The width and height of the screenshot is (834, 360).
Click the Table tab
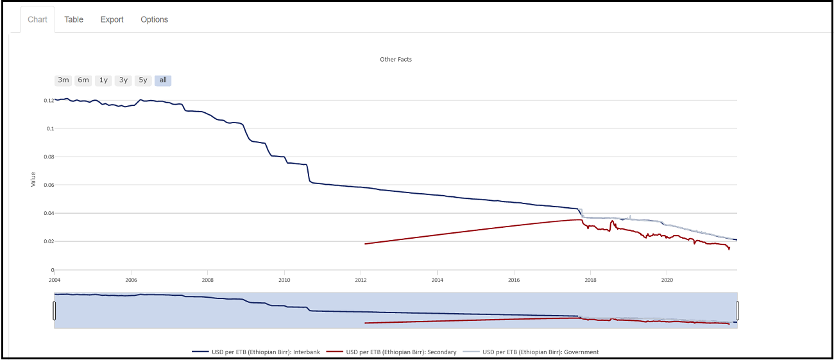74,19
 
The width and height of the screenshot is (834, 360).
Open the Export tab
112,19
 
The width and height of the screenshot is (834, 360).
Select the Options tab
154,19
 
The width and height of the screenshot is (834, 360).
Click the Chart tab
37,19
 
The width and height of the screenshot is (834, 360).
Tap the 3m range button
63,80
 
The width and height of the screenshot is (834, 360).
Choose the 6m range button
83,80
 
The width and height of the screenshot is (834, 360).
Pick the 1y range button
103,80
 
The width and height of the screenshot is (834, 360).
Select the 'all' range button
163,80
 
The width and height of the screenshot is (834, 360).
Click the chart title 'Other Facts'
396,59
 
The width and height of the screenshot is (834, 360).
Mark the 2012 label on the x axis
361,280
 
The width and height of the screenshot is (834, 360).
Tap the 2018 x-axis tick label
590,280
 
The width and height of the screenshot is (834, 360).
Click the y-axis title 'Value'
33,179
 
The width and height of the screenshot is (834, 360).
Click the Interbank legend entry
257,352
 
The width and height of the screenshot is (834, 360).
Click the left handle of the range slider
55,311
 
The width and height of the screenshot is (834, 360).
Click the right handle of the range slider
737,311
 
